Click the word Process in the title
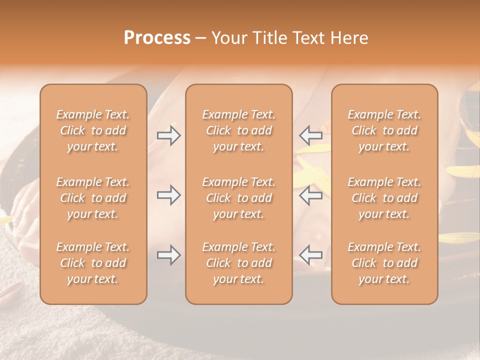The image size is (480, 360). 157,38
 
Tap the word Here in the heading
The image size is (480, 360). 349,38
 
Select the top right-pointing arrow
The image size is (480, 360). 169,135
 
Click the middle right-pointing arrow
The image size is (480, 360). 169,195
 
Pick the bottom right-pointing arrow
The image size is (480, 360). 169,255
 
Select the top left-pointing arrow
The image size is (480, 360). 310,135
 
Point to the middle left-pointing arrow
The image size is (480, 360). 310,195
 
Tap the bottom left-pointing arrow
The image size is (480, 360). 310,255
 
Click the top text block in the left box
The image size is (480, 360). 93,130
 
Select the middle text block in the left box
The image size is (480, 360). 93,198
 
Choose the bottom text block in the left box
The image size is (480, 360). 93,263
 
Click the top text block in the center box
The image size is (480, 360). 238,130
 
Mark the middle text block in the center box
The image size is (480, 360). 238,198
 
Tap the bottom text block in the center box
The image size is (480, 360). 238,263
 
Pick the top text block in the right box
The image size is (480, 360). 384,130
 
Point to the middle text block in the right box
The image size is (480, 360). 384,198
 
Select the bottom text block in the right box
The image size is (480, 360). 384,263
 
